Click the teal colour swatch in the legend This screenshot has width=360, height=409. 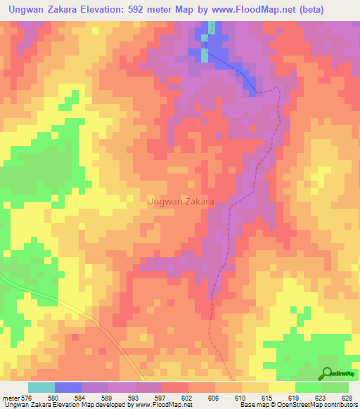[41, 387]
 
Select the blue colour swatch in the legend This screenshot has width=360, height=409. [68, 387]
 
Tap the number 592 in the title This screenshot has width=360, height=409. [165, 10]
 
